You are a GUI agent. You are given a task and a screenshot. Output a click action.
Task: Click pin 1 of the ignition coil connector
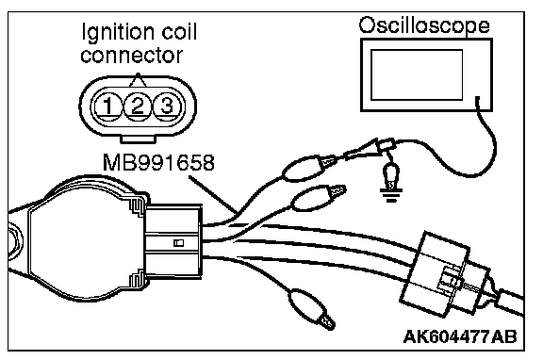108,106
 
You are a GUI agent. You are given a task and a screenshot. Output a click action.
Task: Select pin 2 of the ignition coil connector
138,106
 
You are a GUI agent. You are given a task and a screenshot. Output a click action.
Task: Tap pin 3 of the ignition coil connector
167,106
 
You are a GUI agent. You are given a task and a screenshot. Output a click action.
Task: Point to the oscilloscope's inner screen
417,74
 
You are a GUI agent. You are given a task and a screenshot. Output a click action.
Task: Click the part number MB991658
158,162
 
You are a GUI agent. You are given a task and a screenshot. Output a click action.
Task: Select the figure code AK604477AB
460,336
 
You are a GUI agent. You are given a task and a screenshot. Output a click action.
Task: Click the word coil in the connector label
179,31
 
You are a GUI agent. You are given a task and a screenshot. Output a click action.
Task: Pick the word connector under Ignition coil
131,56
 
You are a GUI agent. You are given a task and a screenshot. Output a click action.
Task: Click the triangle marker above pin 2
138,80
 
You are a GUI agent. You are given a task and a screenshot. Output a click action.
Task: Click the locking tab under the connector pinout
139,139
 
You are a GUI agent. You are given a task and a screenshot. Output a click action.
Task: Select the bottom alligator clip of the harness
311,308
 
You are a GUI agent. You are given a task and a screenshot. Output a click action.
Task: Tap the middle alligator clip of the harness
318,198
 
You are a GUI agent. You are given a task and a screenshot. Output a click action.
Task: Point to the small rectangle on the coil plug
179,242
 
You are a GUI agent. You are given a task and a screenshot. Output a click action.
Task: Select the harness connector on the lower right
447,274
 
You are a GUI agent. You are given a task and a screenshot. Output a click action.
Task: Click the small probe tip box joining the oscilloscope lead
387,144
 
